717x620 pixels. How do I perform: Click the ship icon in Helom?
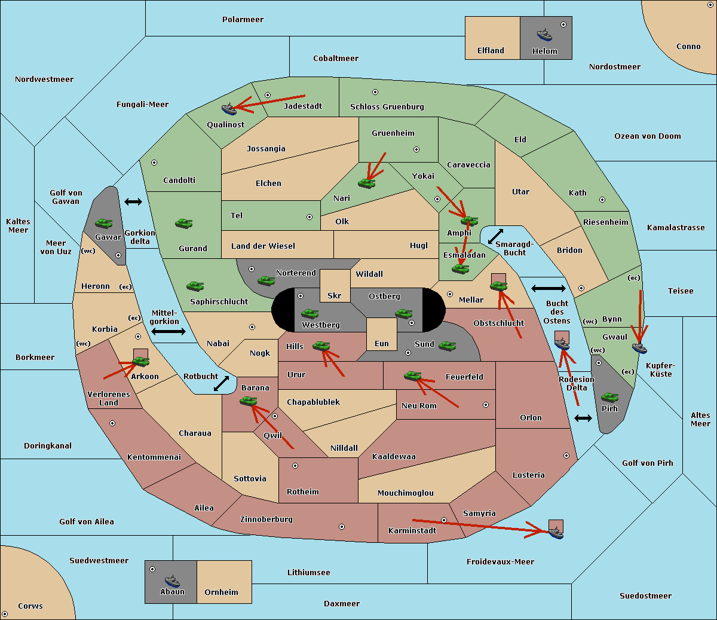[x=544, y=34]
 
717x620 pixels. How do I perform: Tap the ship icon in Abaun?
[x=172, y=581]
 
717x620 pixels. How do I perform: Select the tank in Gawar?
[x=104, y=223]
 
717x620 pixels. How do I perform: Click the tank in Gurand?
[x=183, y=223]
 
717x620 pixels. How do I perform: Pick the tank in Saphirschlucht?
[x=195, y=286]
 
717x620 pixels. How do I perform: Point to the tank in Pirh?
[x=609, y=397]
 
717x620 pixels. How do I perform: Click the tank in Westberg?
[x=310, y=313]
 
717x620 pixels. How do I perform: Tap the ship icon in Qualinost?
[x=229, y=109]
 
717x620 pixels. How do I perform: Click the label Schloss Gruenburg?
[x=387, y=106]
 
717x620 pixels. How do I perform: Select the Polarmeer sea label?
[x=243, y=20]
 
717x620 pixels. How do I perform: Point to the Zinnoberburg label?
[x=266, y=520]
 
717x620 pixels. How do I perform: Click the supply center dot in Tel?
[x=310, y=217]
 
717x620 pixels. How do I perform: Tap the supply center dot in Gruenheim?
[x=416, y=149]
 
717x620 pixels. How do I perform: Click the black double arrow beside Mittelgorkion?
[x=168, y=331]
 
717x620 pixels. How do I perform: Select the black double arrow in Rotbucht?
[x=221, y=383]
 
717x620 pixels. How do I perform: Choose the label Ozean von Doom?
[x=647, y=136]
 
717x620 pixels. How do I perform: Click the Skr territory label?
[x=335, y=295]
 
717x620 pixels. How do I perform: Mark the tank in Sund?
[x=447, y=346]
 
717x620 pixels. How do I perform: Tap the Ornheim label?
[x=221, y=592]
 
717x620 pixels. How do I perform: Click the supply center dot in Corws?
[x=5, y=614]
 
